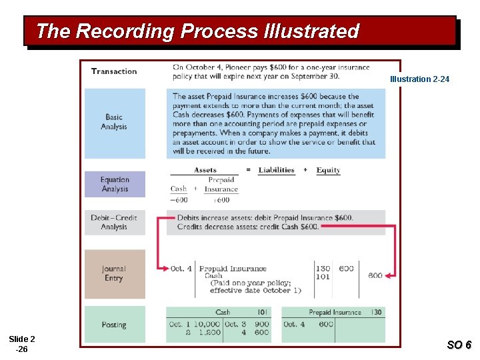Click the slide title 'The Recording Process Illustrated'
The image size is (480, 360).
pyautogui.click(x=197, y=31)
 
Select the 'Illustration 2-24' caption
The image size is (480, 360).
pyautogui.click(x=419, y=79)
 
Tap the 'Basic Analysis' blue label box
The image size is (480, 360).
pyautogui.click(x=114, y=122)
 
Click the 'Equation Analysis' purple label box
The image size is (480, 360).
pyautogui.click(x=115, y=184)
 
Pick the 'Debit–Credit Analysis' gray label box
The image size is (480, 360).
pyautogui.click(x=114, y=223)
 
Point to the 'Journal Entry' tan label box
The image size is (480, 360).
pyautogui.click(x=114, y=273)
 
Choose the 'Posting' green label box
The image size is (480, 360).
pyautogui.click(x=114, y=325)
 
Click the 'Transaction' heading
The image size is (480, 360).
pyautogui.click(x=114, y=71)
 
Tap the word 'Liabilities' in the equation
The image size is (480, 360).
pyautogui.click(x=276, y=170)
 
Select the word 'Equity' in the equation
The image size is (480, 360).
pyautogui.click(x=328, y=170)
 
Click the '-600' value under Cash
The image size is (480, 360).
pyautogui.click(x=179, y=199)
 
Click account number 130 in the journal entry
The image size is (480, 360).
pyautogui.click(x=322, y=269)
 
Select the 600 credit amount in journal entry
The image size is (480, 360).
pyautogui.click(x=375, y=275)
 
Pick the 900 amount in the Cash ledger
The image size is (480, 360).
pyautogui.click(x=261, y=324)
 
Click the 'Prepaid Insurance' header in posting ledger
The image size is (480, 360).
pyautogui.click(x=335, y=312)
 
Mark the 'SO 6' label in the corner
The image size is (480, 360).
pyautogui.click(x=459, y=345)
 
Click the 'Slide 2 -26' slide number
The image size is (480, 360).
pyautogui.click(x=22, y=344)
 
